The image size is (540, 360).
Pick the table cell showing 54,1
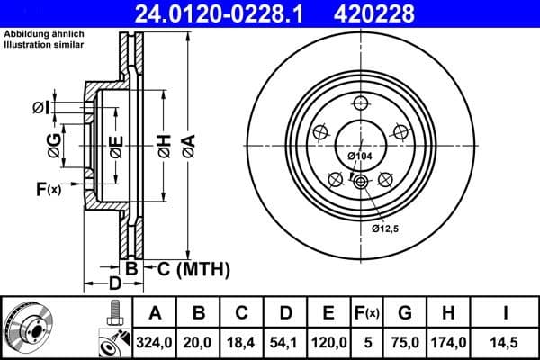coord(284,342)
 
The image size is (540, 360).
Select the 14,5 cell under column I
coord(506,342)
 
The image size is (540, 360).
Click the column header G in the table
coord(405,313)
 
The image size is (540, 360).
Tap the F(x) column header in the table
coord(366,313)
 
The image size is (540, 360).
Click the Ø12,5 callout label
coord(385,229)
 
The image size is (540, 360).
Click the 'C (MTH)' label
coord(193,268)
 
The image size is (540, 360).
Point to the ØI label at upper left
coord(40,108)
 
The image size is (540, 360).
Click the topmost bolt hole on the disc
coord(360,102)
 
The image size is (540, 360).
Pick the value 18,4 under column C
coord(241,342)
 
